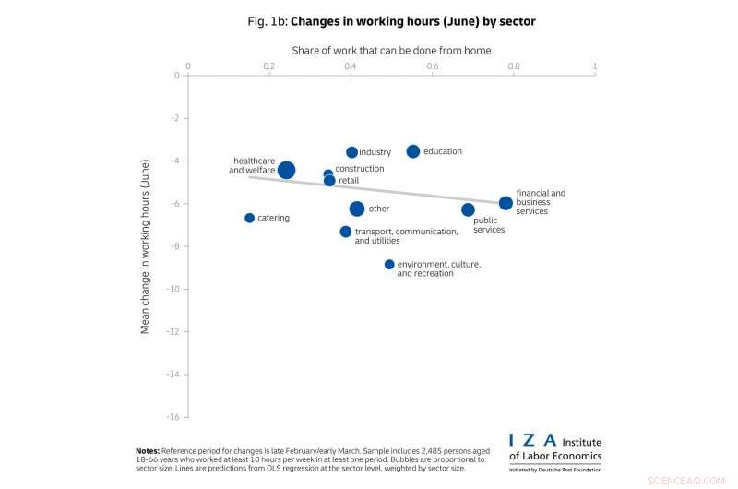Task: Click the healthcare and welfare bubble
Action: (x=286, y=170)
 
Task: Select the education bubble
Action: (x=413, y=151)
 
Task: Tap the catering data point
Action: (x=249, y=218)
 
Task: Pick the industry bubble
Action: (x=351, y=152)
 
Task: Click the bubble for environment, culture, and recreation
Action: (x=389, y=265)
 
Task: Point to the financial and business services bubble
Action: (x=506, y=203)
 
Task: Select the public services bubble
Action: (x=468, y=209)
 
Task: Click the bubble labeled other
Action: (x=357, y=209)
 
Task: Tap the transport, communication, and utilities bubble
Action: (x=345, y=232)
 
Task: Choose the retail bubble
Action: (x=329, y=181)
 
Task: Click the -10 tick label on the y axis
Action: (x=172, y=289)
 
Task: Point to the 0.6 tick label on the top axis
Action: (x=432, y=66)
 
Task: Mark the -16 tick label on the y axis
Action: (x=172, y=417)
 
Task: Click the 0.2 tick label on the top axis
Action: (x=268, y=66)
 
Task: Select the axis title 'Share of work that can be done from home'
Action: (x=391, y=50)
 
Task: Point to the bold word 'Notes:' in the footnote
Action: (x=149, y=450)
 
